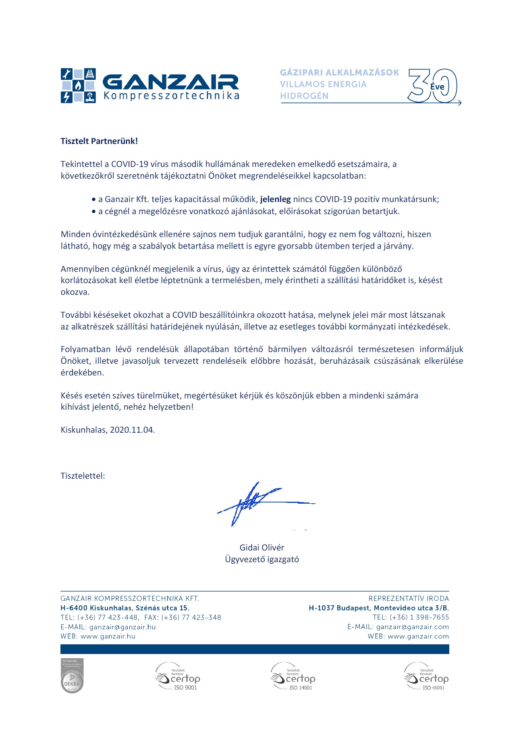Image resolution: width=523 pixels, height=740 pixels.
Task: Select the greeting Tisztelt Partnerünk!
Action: click(x=99, y=141)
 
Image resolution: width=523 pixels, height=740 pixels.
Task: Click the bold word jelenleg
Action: click(x=275, y=199)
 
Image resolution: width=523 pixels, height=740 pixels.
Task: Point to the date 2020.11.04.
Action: click(x=132, y=430)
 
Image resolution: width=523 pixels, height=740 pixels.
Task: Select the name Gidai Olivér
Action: click(x=262, y=548)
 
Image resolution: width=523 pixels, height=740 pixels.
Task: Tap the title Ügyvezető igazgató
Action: click(x=262, y=559)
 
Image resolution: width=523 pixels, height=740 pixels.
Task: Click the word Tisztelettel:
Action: click(x=83, y=476)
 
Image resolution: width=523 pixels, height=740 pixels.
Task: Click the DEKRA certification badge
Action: click(x=72, y=676)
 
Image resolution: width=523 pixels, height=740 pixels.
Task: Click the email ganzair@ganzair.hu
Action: click(x=122, y=627)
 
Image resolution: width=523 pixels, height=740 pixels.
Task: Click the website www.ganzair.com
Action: click(x=418, y=636)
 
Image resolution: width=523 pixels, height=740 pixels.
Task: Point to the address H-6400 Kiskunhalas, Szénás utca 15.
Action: click(x=125, y=608)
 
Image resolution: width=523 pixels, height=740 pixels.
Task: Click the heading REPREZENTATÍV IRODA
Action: click(x=409, y=598)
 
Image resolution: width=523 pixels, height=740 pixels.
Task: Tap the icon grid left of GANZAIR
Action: click(x=78, y=85)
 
